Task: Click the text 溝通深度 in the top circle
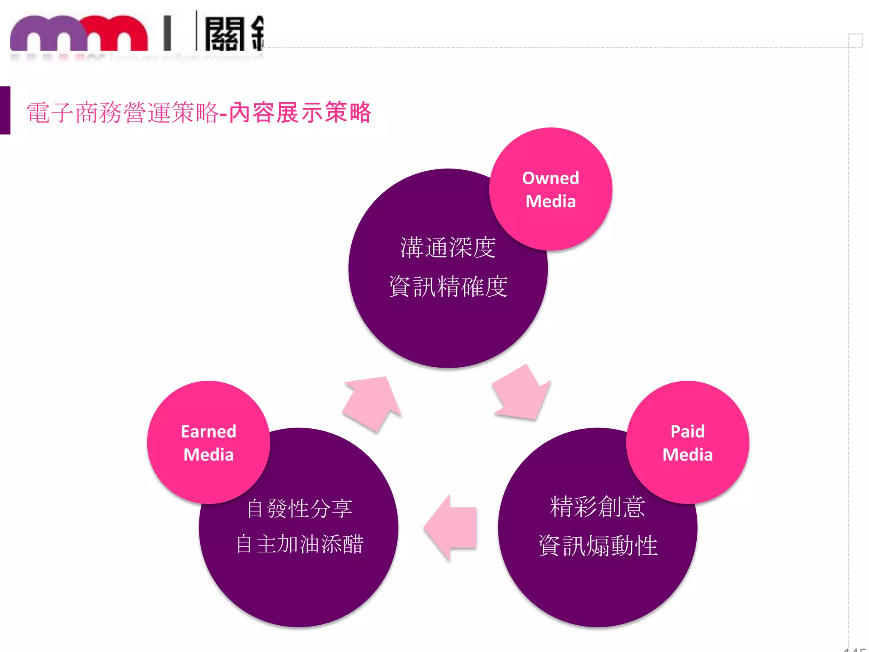coord(448,248)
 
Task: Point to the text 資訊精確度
coord(448,287)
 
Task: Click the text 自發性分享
coord(299,508)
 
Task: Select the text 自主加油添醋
coord(300,544)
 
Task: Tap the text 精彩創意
coord(597,507)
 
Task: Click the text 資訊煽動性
coord(597,545)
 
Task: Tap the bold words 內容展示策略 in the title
coord(300,113)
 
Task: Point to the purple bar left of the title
coord(5,110)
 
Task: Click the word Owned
coord(550,178)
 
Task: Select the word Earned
coord(208,432)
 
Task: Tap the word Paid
coord(687,432)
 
